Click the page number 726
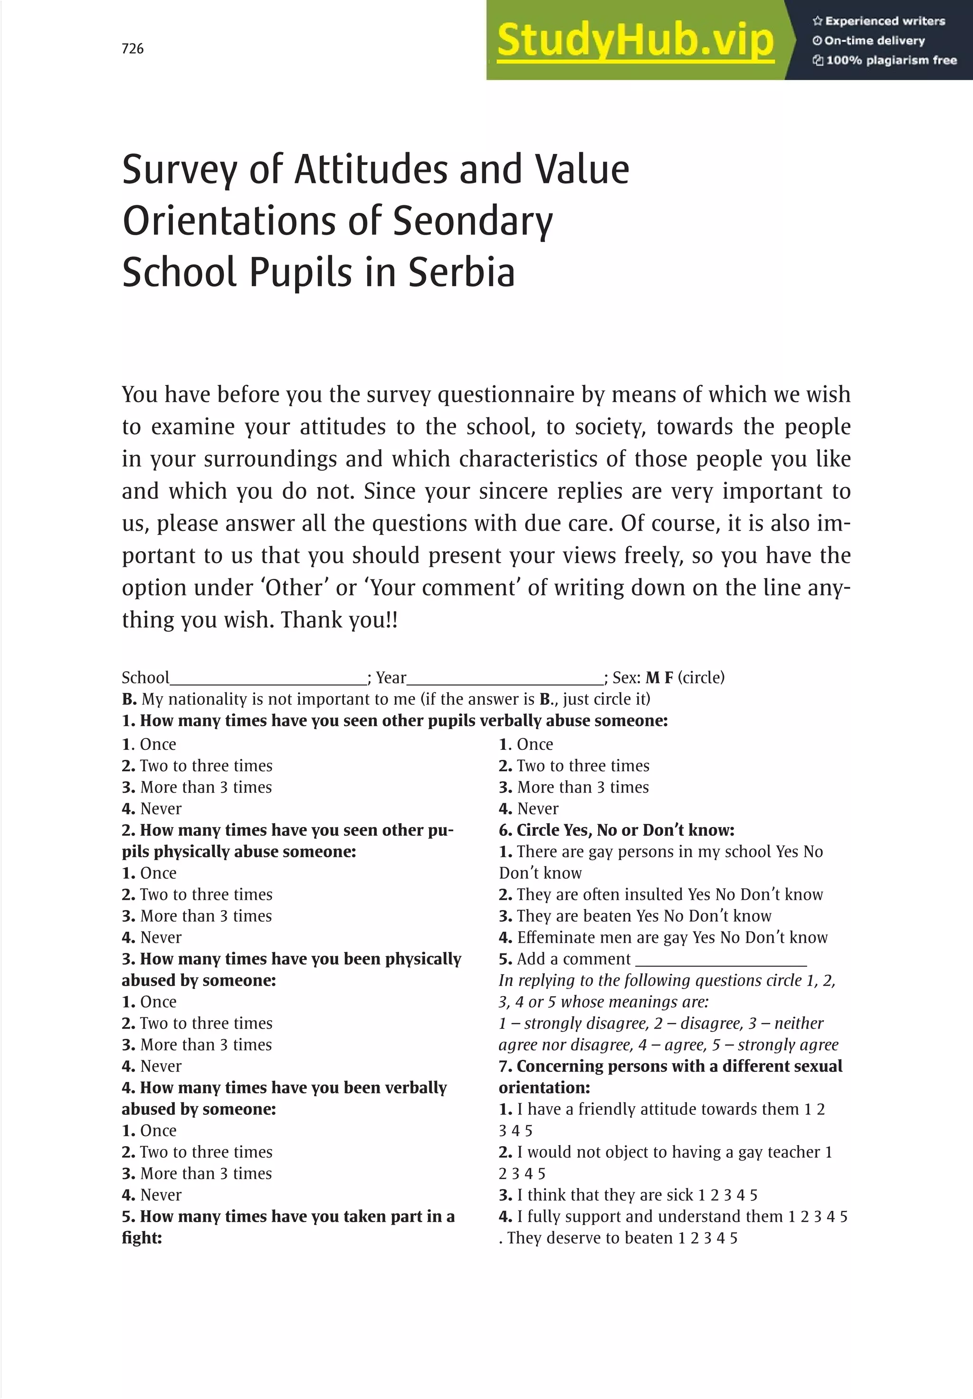pyautogui.click(x=133, y=49)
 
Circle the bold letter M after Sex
pyautogui.click(x=652, y=678)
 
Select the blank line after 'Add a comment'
pyautogui.click(x=721, y=960)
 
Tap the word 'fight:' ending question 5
pyautogui.click(x=142, y=1237)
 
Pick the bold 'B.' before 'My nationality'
pyautogui.click(x=129, y=699)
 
